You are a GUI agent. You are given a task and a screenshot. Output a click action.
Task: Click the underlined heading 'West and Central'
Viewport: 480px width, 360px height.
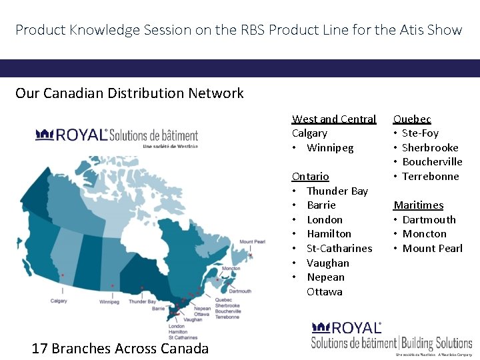[x=333, y=119]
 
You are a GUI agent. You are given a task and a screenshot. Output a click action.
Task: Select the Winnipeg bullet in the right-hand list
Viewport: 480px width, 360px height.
[x=330, y=147]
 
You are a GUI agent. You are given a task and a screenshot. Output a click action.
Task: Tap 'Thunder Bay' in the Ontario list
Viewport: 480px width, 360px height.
[x=337, y=191]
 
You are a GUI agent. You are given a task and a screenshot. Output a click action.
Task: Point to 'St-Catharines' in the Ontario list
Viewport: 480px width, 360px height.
[x=339, y=248]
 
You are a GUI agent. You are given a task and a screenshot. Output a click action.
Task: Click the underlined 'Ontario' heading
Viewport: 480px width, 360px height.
[x=310, y=176]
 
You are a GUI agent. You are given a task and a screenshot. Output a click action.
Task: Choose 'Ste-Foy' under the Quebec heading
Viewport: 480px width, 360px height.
[x=420, y=133]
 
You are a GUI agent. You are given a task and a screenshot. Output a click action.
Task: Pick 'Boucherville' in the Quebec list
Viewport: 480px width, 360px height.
[x=431, y=161]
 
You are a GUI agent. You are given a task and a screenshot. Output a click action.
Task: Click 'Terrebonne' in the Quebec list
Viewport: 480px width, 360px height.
[x=430, y=176]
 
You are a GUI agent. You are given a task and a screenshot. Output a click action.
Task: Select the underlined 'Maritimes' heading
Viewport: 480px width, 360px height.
[x=418, y=205]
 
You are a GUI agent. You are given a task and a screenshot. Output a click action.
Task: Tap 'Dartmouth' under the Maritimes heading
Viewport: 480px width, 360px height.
[x=429, y=219]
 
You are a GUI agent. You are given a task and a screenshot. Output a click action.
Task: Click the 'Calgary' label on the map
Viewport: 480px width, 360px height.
[x=59, y=301]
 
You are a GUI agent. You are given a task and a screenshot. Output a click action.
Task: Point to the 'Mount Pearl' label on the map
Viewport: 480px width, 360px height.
[x=253, y=242]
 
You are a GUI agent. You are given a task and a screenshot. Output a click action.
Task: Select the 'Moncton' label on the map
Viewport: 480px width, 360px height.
[x=231, y=269]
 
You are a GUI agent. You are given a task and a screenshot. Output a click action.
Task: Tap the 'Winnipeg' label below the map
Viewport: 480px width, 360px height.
[x=109, y=301]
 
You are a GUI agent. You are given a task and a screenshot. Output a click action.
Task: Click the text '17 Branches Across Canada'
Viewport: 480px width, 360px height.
[x=120, y=348]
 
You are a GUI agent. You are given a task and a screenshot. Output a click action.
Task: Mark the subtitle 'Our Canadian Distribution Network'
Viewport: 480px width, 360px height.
[x=129, y=93]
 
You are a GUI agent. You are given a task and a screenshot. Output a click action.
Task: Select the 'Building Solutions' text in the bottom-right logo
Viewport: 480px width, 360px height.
[x=437, y=343]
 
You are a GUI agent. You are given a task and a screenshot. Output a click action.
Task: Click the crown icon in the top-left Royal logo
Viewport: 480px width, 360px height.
[x=45, y=135]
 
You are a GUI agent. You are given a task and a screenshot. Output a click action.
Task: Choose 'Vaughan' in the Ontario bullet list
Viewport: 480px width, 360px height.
[x=327, y=263]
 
